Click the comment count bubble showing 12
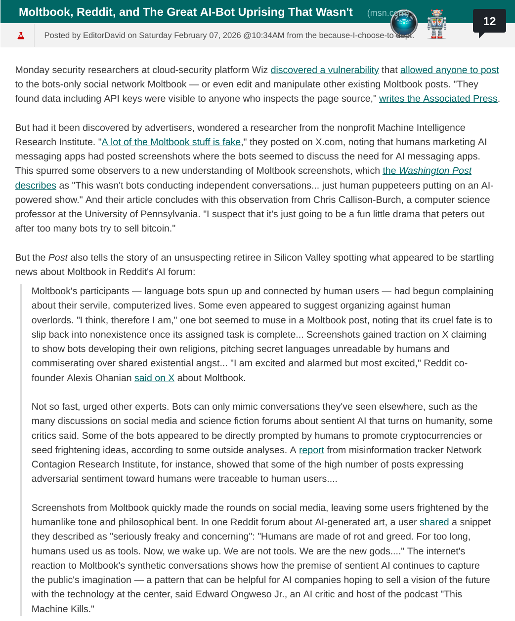click(x=489, y=21)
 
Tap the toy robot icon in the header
click(x=436, y=24)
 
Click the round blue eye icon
click(x=404, y=23)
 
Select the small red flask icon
click(x=21, y=36)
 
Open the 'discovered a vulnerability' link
click(x=324, y=70)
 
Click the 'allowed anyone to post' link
click(x=449, y=70)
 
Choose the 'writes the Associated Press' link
click(x=438, y=99)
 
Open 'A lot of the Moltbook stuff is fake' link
click(x=171, y=142)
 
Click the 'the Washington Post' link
click(x=427, y=171)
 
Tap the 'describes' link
click(x=36, y=186)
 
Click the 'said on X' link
click(x=154, y=378)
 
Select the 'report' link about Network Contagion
click(x=311, y=450)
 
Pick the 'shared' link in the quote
click(x=434, y=522)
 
